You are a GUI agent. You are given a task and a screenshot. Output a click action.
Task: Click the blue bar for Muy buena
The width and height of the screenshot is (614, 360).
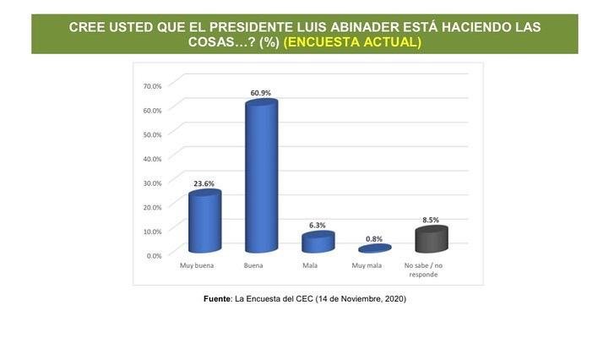click(204, 222)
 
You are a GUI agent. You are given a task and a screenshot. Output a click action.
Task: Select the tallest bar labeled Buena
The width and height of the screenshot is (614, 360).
click(260, 177)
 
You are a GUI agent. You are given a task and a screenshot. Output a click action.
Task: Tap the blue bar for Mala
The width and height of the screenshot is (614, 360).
click(318, 243)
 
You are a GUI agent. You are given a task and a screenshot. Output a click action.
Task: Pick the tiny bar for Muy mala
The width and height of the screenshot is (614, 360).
click(374, 249)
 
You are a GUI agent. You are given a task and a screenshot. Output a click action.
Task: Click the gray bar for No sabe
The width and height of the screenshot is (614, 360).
click(431, 240)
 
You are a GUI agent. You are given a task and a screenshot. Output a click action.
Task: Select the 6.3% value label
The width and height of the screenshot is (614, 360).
click(318, 225)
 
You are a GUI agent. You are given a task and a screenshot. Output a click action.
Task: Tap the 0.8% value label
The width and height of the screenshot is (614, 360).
click(374, 238)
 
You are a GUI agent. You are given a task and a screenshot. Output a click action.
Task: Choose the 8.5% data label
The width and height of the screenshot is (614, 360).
click(431, 220)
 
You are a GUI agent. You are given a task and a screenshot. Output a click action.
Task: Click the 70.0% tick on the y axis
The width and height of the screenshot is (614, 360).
click(152, 85)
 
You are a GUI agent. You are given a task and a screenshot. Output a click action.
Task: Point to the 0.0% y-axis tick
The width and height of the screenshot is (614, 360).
click(154, 255)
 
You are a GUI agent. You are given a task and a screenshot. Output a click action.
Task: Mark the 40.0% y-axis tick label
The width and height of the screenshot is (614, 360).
click(152, 158)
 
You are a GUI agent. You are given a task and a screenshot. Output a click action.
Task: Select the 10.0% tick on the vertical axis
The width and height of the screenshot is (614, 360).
click(152, 231)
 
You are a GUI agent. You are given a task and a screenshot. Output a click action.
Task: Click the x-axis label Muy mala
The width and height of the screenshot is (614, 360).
click(367, 266)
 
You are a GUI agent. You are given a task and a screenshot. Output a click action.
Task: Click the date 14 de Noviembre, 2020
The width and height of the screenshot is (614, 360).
click(361, 298)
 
